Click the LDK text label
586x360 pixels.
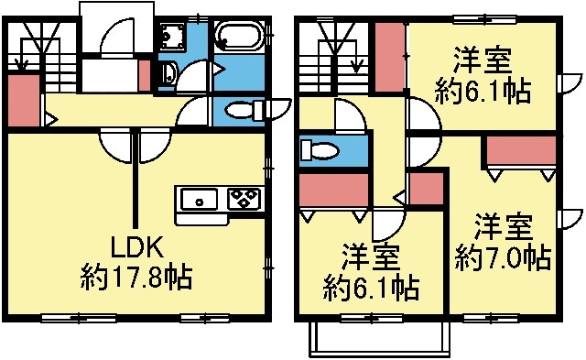136,247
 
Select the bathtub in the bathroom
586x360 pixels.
240,38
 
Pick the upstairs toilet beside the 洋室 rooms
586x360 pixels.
320,150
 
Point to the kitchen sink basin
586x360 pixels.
198,200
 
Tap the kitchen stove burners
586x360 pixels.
244,199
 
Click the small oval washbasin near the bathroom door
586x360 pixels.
166,72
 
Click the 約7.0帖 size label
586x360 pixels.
503,257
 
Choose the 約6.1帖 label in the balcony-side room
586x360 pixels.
372,289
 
